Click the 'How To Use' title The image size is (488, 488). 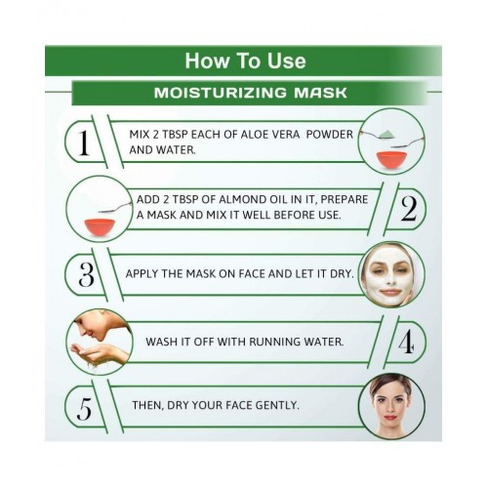click(245, 61)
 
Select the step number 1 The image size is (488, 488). click(84, 142)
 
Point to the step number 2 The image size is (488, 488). click(409, 209)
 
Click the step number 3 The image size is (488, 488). click(86, 274)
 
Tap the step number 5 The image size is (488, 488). click(84, 409)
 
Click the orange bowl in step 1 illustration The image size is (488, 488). click(391, 159)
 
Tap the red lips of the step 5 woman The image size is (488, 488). click(390, 418)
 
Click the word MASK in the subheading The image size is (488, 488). click(320, 93)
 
